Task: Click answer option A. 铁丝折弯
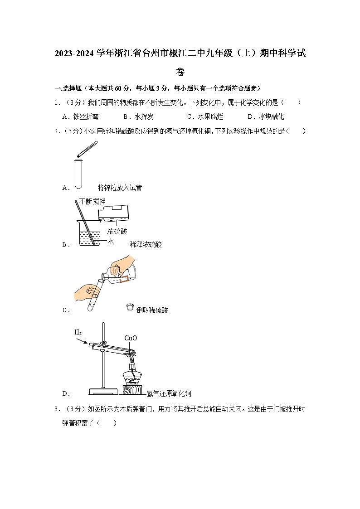tap(80, 117)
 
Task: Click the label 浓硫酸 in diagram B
tap(117, 231)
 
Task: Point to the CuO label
tap(131, 338)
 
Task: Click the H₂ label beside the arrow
tap(78, 332)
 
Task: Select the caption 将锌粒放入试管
tap(120, 188)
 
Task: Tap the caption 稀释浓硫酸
tap(146, 244)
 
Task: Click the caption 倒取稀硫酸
tap(152, 310)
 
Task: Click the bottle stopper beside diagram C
tap(129, 308)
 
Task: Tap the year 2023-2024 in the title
tap(74, 53)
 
